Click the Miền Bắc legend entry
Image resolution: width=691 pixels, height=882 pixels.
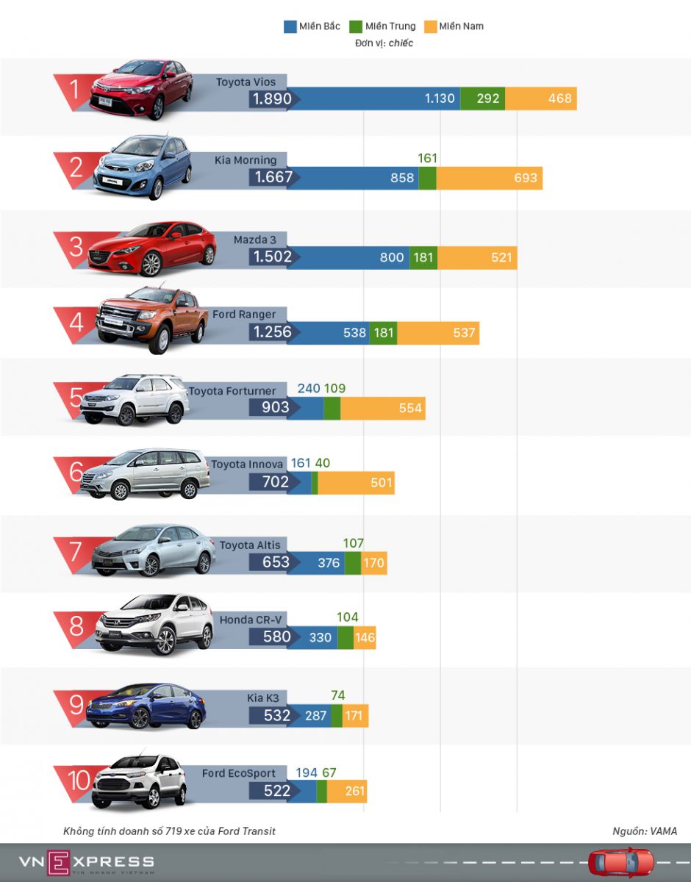(x=312, y=26)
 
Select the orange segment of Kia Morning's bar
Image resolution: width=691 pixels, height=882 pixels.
(x=490, y=178)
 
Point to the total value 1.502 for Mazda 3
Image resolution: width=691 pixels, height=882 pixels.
(x=273, y=257)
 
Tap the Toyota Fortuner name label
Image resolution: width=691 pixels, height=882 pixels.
(x=232, y=391)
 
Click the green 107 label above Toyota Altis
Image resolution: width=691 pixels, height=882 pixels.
(x=354, y=543)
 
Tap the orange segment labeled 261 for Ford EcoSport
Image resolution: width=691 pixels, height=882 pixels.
(x=347, y=792)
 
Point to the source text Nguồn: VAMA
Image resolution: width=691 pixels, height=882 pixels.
(x=645, y=831)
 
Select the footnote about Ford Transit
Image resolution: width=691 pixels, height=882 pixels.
(x=170, y=831)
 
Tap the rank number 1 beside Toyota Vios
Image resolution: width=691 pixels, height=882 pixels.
(x=74, y=90)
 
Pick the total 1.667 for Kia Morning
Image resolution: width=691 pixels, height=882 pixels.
(x=273, y=177)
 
